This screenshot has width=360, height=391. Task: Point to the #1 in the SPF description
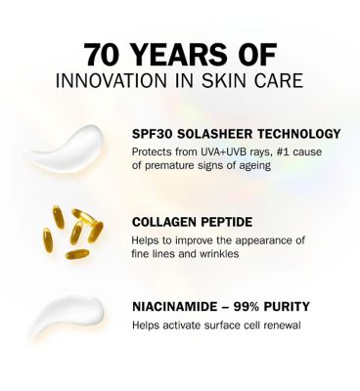281,152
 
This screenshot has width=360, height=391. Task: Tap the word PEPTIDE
227,221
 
